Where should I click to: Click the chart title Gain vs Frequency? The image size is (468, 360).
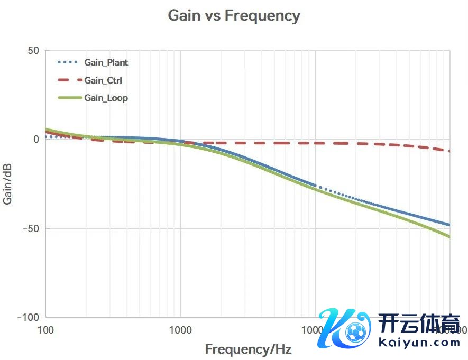click(x=234, y=15)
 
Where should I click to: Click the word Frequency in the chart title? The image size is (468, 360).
click(x=262, y=15)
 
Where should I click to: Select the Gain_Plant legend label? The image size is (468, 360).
click(x=106, y=62)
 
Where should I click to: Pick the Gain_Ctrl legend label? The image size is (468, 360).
click(x=103, y=80)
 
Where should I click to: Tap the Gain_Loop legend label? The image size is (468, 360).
click(x=106, y=98)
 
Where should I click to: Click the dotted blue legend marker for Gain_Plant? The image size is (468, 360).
click(x=69, y=62)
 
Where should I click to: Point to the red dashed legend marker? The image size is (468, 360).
click(x=69, y=80)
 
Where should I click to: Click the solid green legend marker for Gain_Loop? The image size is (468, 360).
click(x=69, y=98)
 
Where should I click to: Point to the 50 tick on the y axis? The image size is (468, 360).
click(x=33, y=51)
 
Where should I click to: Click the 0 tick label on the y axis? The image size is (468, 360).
click(x=36, y=140)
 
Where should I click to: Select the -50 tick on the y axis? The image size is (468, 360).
click(x=31, y=228)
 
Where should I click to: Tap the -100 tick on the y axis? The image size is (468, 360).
click(x=29, y=317)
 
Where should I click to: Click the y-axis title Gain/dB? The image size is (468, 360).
click(x=9, y=184)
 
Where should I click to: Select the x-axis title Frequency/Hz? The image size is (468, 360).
click(x=248, y=349)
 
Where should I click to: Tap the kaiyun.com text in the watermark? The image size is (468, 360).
click(x=419, y=342)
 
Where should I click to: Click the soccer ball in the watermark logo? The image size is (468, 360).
click(x=355, y=333)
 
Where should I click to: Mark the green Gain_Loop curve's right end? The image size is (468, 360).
click(x=449, y=236)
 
